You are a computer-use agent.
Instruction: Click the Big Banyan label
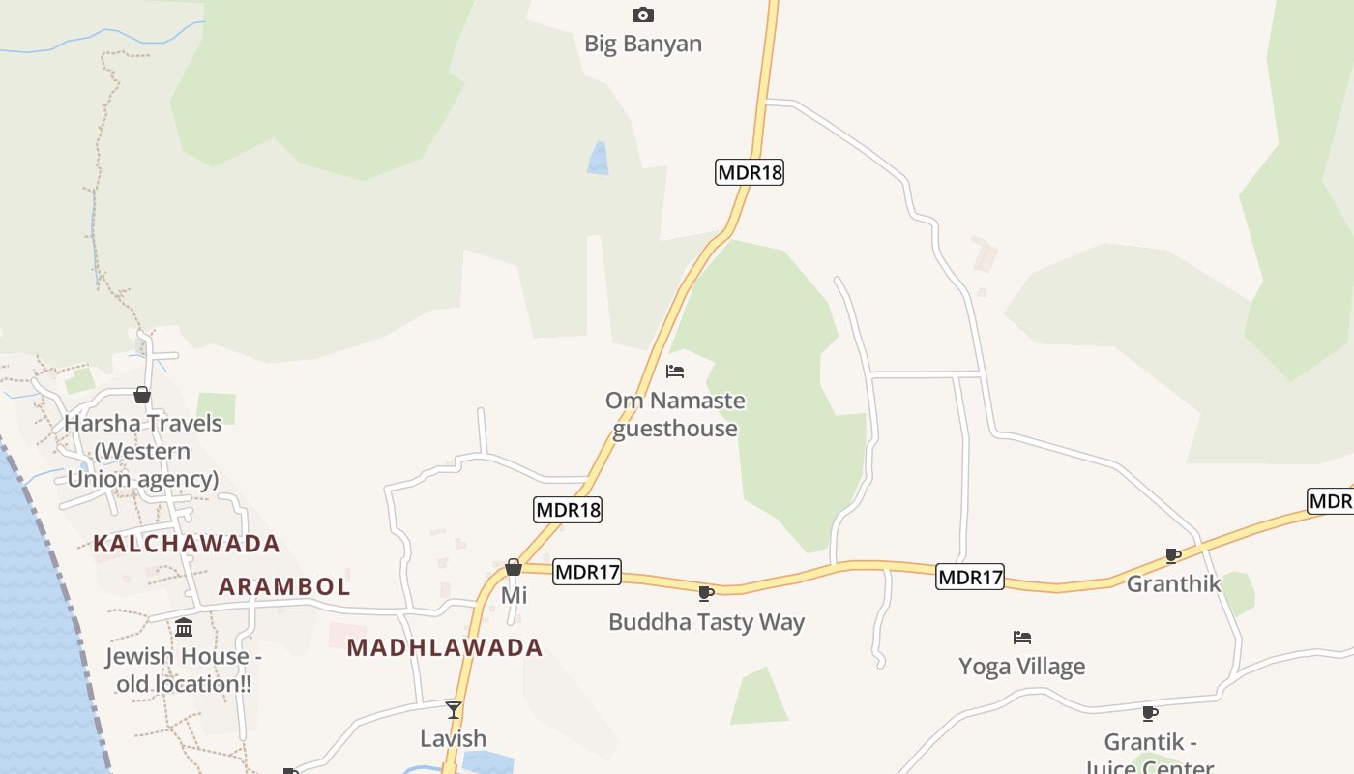tap(643, 44)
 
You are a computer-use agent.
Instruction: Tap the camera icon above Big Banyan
tap(643, 15)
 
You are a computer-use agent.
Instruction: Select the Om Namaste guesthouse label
tap(675, 414)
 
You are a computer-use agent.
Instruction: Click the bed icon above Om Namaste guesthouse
tap(675, 372)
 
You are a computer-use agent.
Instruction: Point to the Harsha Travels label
tap(143, 451)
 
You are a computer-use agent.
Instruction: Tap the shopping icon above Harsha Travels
tap(142, 395)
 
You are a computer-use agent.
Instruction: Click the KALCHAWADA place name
tap(187, 544)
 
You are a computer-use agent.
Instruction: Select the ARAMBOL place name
tap(284, 586)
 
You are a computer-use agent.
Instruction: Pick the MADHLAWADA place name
tap(445, 648)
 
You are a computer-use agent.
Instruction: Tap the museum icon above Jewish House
tap(184, 629)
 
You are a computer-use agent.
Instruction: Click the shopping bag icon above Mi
tap(514, 567)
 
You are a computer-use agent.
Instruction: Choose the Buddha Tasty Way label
tap(706, 622)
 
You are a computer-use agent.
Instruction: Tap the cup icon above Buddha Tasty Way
tap(706, 593)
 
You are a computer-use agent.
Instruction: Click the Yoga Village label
tap(1021, 666)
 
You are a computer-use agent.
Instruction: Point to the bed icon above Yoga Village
tap(1022, 637)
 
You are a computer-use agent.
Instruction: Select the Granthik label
tap(1173, 584)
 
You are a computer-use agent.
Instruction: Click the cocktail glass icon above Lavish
tap(454, 710)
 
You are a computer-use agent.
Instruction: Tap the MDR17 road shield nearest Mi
tap(587, 572)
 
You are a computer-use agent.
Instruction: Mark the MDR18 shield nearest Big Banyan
tap(750, 172)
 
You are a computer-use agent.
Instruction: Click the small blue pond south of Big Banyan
tap(599, 160)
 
